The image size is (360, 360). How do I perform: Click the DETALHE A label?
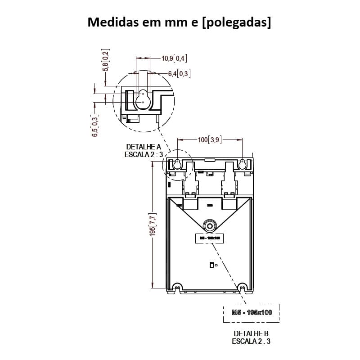coord(143,147)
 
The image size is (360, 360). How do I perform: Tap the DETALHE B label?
coord(251,333)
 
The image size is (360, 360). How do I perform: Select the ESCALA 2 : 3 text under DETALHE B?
coord(251,341)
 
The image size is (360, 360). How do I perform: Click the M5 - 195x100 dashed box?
coord(252,312)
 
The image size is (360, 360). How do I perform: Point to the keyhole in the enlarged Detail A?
coord(143,99)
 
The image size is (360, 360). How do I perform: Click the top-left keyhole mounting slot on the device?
coord(177,164)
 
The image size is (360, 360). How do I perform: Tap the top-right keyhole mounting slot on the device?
coord(243,164)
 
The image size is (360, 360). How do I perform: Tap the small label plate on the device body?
coord(209,238)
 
